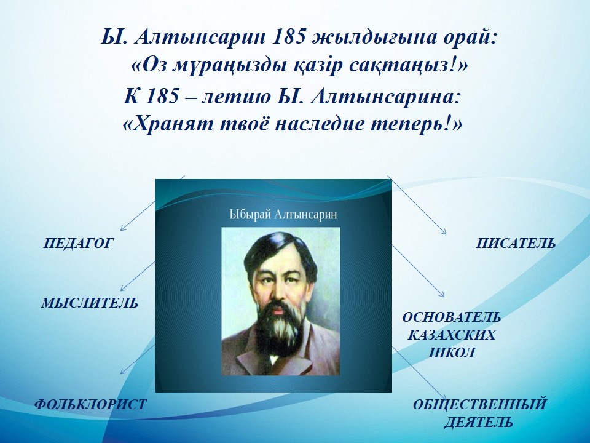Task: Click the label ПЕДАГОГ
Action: (78, 244)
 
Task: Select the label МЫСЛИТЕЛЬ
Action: (90, 303)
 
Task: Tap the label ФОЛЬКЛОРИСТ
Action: (90, 404)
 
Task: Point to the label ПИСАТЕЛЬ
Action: (516, 244)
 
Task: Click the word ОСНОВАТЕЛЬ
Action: (452, 317)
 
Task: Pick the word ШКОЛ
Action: (452, 353)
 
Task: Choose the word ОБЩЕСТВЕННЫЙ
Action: (479, 404)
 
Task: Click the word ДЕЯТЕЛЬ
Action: (479, 422)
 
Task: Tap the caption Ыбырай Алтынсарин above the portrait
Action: (283, 215)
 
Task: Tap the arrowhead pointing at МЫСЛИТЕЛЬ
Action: (122, 289)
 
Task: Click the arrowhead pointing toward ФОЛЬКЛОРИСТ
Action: (122, 372)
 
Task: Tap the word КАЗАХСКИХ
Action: (452, 335)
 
